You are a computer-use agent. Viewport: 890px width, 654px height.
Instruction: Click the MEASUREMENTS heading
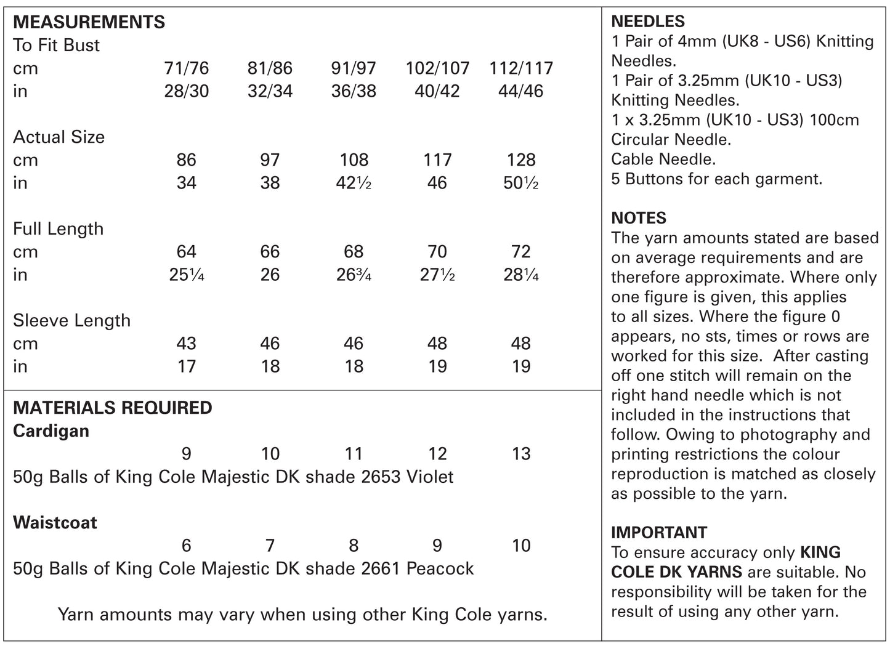coord(89,22)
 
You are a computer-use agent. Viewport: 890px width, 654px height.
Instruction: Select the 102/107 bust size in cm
coord(437,68)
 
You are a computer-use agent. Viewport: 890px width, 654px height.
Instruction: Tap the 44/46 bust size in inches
coord(520,91)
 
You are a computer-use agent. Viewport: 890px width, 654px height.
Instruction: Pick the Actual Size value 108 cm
coord(354,160)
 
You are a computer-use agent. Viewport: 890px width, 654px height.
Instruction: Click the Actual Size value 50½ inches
coord(520,183)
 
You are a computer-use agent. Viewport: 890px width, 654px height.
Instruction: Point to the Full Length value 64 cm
coord(186,252)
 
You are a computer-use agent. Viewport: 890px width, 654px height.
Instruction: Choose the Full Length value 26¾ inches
coord(354,275)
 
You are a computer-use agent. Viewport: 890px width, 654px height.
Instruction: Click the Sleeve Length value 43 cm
coord(186,344)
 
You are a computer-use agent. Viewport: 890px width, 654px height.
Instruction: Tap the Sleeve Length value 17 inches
coord(186,366)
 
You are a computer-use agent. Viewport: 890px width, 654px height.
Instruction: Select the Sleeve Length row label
coord(71,321)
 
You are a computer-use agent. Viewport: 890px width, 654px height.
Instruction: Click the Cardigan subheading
coord(51,431)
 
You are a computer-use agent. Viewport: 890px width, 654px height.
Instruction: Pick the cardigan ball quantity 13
coord(520,454)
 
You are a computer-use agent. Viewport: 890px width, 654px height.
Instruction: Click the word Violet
coord(429,477)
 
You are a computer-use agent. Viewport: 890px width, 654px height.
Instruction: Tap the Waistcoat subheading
coord(55,523)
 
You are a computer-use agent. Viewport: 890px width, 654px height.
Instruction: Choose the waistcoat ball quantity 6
coord(186,546)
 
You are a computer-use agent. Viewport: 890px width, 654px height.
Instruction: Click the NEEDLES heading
coord(647,22)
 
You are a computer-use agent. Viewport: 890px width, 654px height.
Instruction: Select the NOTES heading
coord(638,218)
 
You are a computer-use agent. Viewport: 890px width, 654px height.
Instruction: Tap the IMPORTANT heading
coord(658,533)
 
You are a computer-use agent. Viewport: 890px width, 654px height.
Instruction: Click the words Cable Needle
coord(663,159)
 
